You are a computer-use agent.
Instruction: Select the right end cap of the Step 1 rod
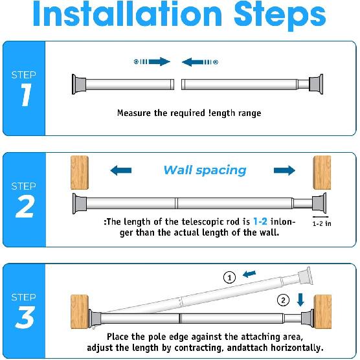pos(316,84)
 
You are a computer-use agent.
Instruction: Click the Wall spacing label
pos(205,170)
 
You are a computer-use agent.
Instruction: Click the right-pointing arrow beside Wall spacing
pos(284,171)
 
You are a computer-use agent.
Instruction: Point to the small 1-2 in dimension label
pos(322,223)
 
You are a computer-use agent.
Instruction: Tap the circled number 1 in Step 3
pos(229,277)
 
